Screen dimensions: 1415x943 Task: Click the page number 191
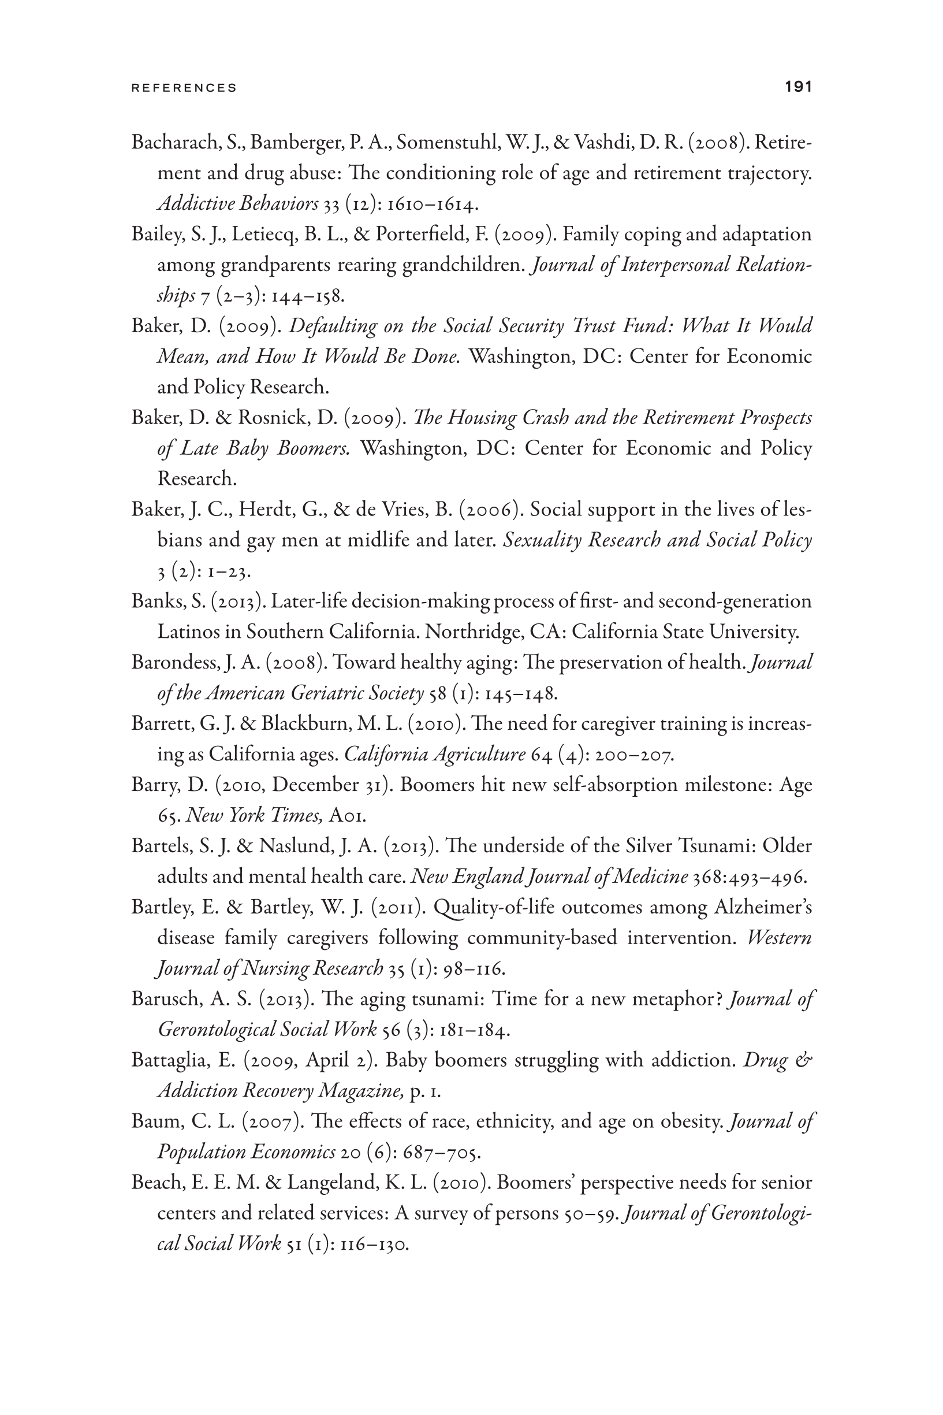point(798,87)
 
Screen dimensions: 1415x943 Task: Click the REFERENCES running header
point(184,88)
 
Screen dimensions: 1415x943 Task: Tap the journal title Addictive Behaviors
point(237,204)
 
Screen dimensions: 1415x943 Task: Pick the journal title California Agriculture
point(434,755)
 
